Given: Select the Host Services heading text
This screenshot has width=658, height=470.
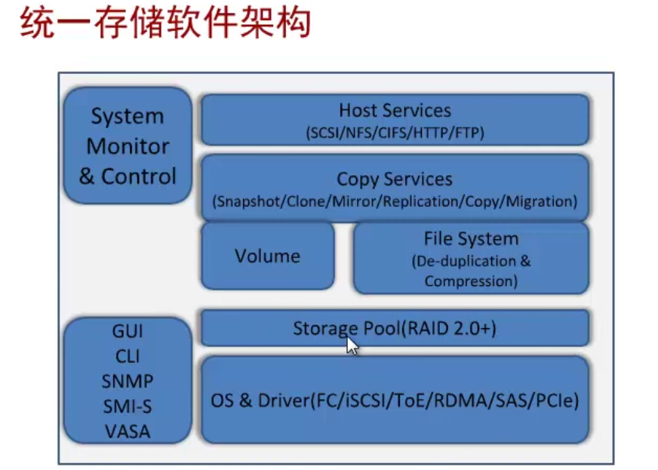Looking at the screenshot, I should click(x=395, y=110).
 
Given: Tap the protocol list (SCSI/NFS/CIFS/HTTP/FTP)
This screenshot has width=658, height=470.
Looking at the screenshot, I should click(x=395, y=133).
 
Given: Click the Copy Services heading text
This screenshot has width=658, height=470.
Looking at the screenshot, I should click(x=395, y=180).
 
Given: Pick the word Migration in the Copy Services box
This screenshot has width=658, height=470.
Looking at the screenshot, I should click(x=539, y=202).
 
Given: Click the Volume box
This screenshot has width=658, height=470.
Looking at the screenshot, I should click(x=267, y=256).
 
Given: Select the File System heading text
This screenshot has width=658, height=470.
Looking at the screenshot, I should click(x=471, y=239).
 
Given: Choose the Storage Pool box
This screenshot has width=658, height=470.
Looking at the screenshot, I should click(x=395, y=328).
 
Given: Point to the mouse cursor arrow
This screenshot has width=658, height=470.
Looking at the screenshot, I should click(x=352, y=345).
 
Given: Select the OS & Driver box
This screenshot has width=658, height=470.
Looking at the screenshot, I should click(x=395, y=400).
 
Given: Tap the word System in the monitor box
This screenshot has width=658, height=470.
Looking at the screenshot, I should click(x=128, y=117).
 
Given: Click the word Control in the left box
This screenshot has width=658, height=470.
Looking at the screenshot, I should click(x=138, y=177).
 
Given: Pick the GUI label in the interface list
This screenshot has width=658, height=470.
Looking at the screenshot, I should click(x=127, y=330).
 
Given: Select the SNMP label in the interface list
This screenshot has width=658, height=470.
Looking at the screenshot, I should click(x=127, y=381).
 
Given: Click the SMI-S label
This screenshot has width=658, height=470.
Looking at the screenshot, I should click(x=127, y=407).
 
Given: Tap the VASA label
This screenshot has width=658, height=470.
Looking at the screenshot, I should click(x=127, y=432).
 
